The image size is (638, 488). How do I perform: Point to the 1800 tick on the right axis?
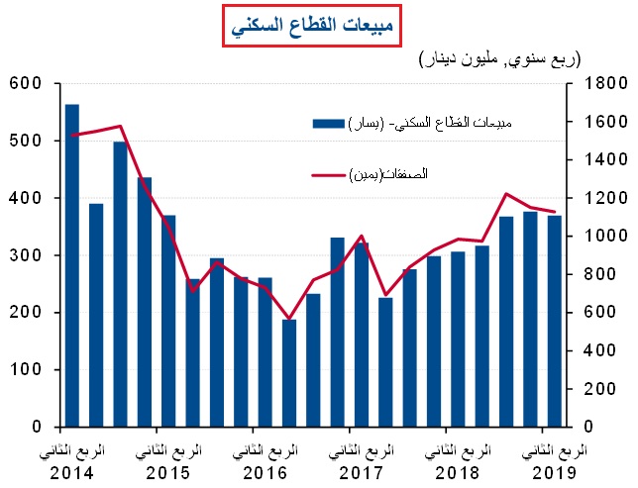click(596, 84)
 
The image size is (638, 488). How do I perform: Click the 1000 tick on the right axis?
click(596, 237)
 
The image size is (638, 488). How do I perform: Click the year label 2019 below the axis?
click(552, 470)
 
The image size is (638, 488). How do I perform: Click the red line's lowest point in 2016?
click(289, 319)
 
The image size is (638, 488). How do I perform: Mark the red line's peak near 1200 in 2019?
click(506, 194)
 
